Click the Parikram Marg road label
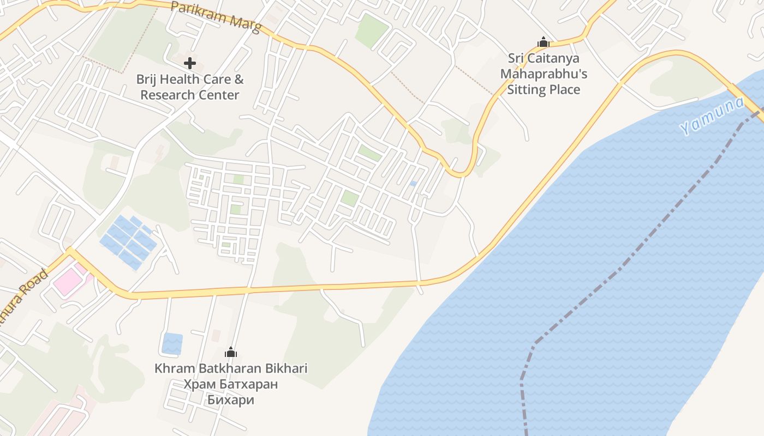[216, 16]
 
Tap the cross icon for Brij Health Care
[190, 63]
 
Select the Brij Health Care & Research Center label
[190, 87]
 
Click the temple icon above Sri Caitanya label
[543, 42]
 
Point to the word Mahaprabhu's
[544, 74]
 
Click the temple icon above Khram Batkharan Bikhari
[231, 352]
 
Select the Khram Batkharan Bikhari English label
[231, 368]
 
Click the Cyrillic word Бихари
[231, 400]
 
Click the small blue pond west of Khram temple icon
[172, 343]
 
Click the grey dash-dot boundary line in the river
[628, 256]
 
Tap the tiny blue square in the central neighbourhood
[413, 184]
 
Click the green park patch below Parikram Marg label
[372, 30]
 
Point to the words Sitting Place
[544, 89]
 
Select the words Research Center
[190, 95]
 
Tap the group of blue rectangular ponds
[129, 242]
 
